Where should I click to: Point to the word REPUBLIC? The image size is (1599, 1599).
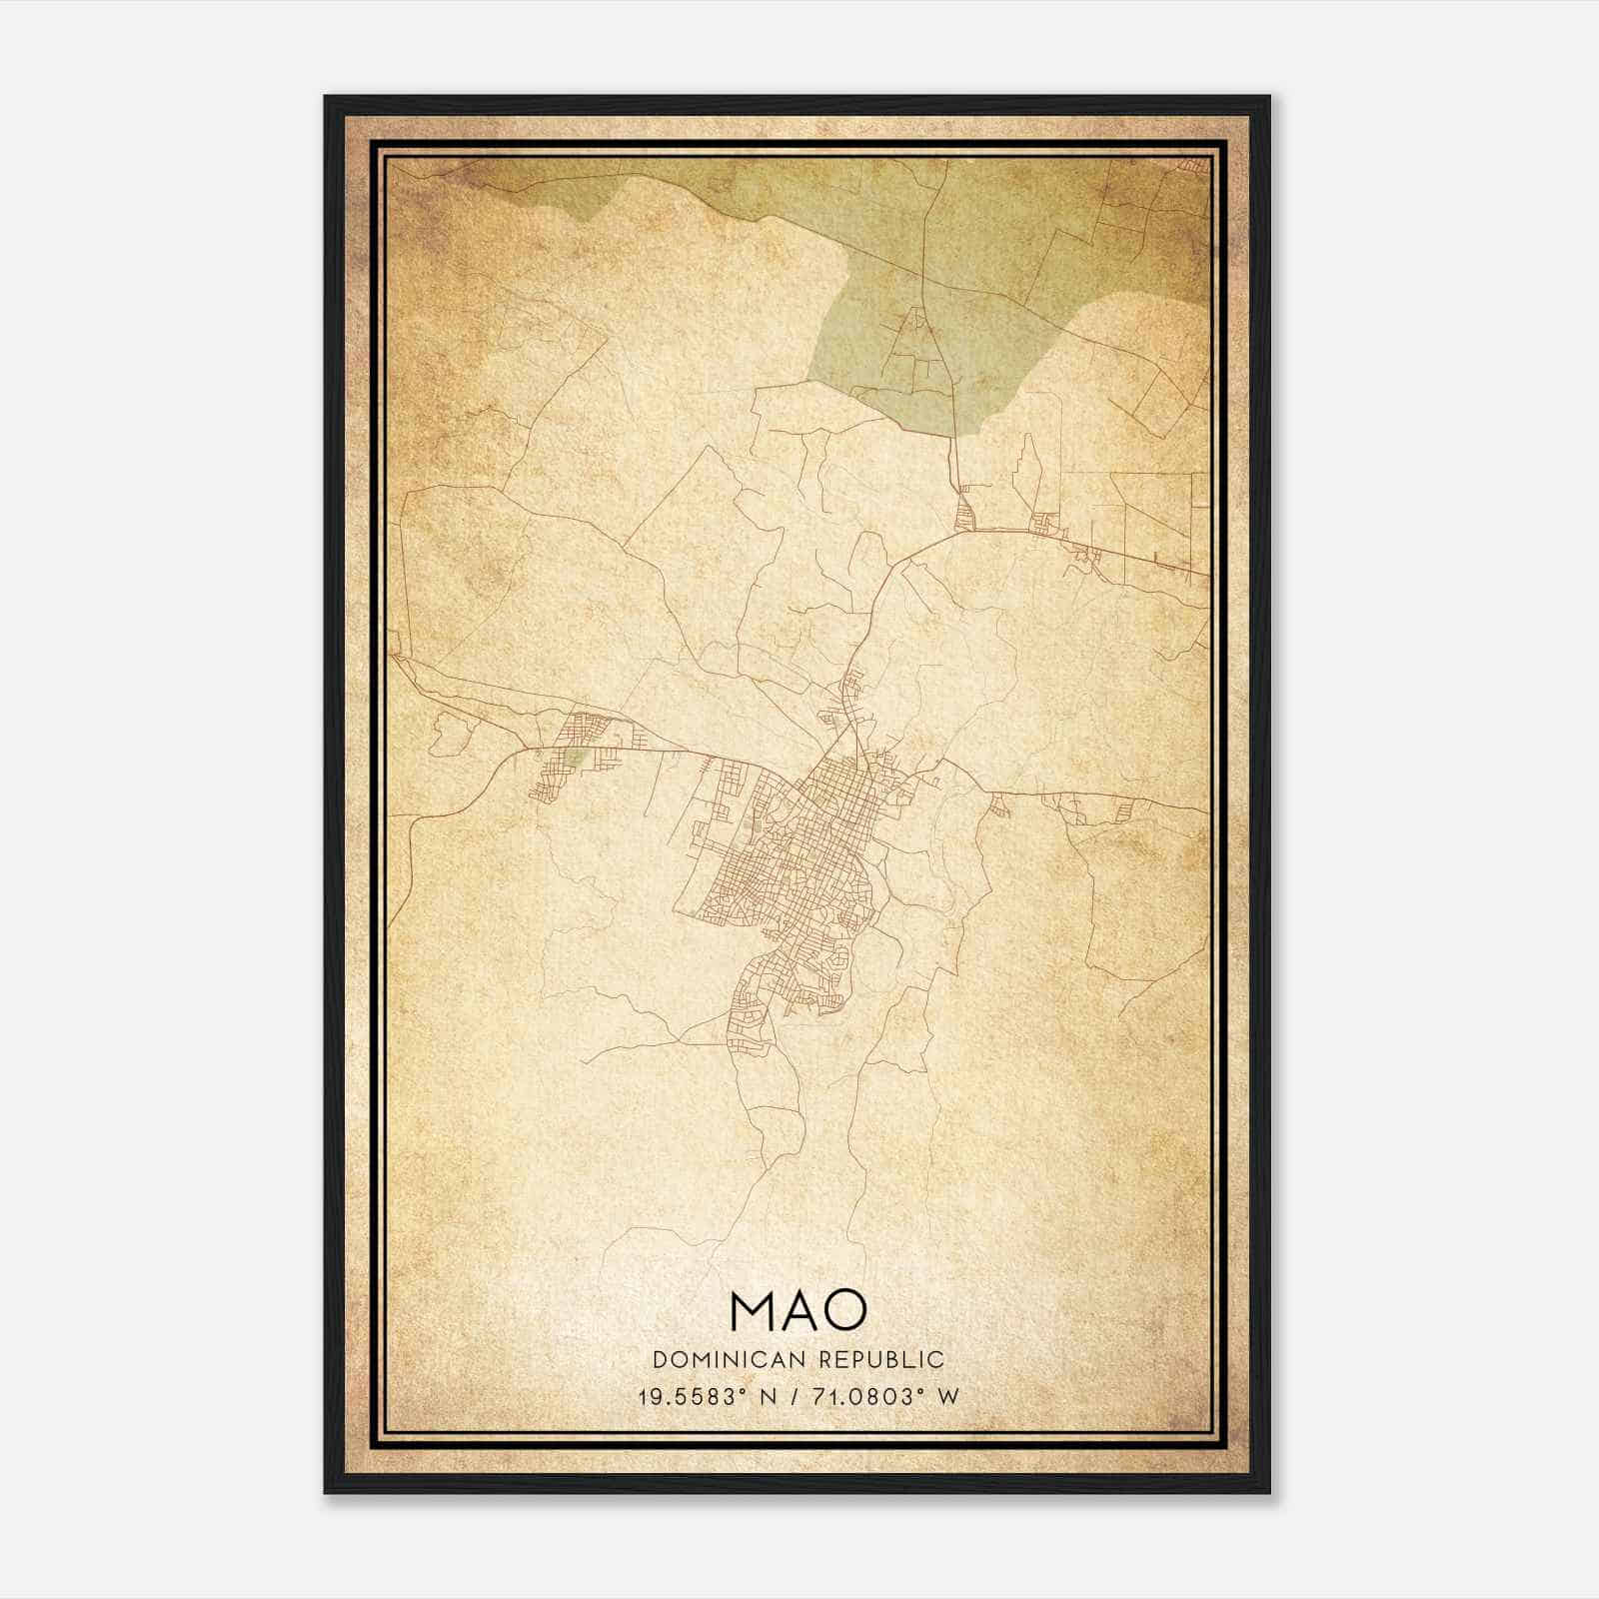coord(881,1360)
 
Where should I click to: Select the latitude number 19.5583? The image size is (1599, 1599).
coord(684,1397)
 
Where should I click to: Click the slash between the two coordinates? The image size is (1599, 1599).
coord(796,1397)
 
